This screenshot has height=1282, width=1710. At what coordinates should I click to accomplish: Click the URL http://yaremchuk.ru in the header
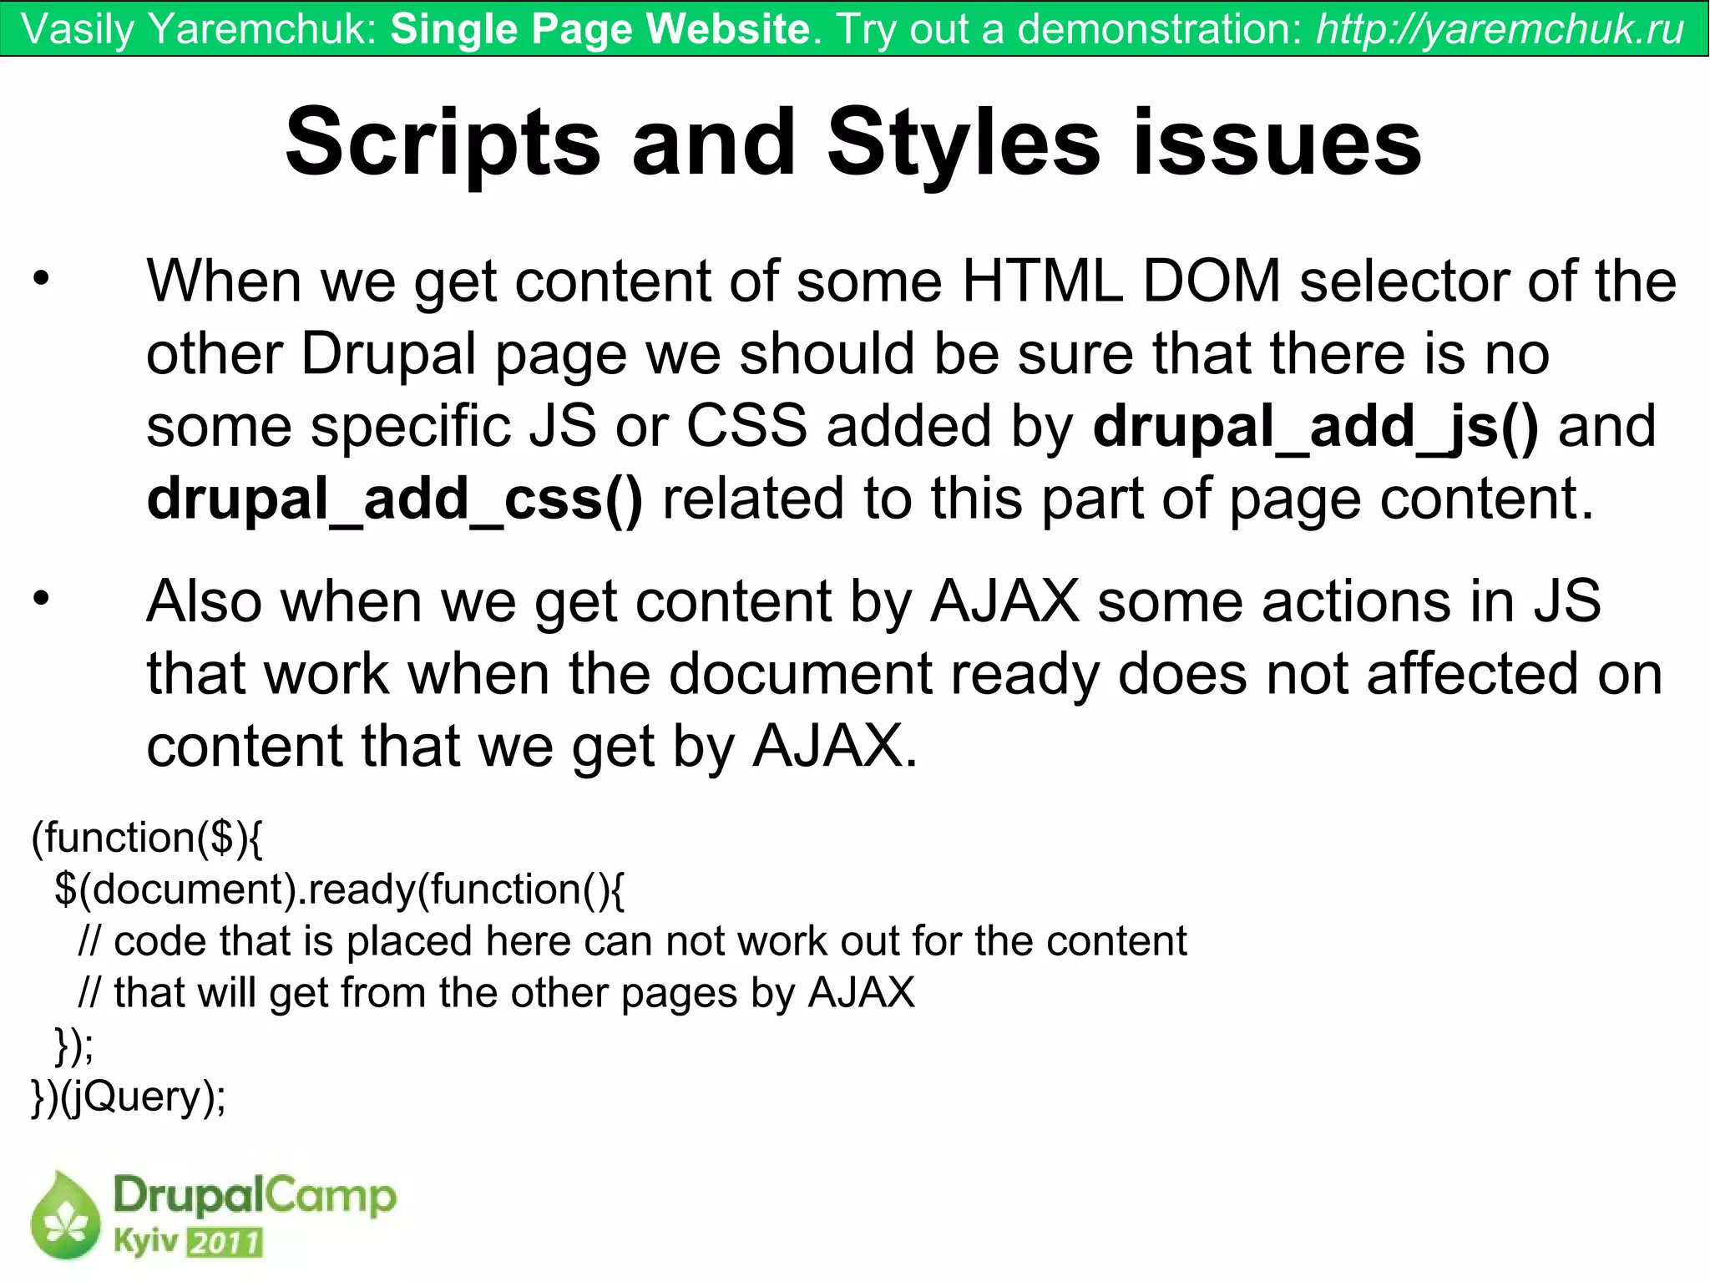tap(1500, 29)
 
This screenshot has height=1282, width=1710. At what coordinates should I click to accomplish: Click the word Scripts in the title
tap(443, 144)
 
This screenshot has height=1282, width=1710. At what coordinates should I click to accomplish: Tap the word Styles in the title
tap(964, 144)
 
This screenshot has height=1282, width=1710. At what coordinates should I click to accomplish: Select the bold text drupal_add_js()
tap(1315, 427)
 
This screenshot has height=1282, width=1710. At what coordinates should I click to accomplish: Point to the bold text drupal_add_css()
tap(395, 499)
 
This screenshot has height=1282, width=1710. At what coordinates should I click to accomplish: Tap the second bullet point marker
tap(42, 599)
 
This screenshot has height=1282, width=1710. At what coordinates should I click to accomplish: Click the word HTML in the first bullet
tap(1042, 281)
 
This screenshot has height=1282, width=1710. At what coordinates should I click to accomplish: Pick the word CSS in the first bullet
tap(746, 427)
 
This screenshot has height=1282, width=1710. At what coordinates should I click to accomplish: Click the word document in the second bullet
tap(799, 674)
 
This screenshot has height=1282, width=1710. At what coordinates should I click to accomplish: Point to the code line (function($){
tap(147, 838)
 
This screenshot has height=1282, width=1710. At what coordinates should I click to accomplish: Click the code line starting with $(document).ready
tap(338, 889)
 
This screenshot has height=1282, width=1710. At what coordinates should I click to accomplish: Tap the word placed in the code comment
tap(409, 942)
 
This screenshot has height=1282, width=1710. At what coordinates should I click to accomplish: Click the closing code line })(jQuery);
tap(129, 1097)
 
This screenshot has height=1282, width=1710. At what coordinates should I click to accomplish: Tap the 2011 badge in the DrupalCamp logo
tap(225, 1243)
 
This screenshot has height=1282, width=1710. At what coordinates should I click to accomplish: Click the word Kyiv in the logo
tap(145, 1242)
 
